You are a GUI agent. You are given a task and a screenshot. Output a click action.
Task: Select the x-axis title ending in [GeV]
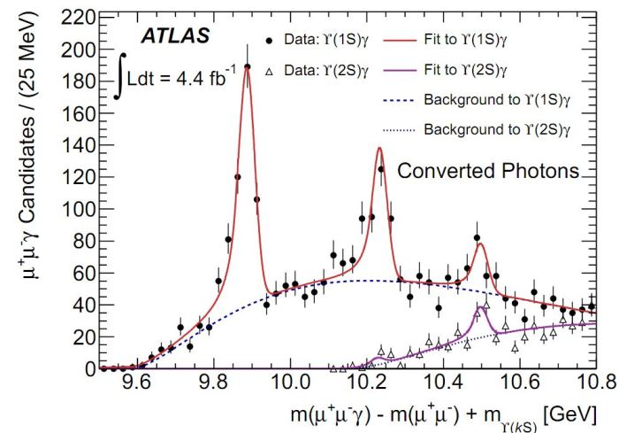[x=440, y=413]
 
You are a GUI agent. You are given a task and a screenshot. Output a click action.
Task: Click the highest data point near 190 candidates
[x=248, y=66]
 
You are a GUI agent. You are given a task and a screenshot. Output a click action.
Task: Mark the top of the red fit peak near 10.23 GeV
[x=378, y=148]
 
